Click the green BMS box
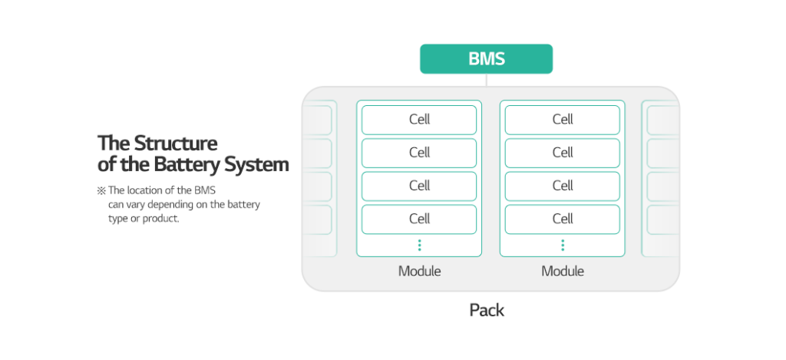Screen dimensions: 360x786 486,59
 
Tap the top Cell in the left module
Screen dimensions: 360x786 419,120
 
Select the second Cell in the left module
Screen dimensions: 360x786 419,153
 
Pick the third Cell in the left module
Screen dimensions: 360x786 419,186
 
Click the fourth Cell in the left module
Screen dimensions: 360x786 419,219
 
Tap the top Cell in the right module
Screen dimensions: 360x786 563,120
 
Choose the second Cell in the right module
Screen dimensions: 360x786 563,153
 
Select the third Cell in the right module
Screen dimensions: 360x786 563,186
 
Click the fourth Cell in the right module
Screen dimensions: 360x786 563,219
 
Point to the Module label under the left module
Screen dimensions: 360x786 419,271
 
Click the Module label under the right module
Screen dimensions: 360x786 563,271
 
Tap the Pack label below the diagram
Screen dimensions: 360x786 487,310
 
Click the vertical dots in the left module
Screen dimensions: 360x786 419,245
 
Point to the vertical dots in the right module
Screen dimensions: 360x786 563,245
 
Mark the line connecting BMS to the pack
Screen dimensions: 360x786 486,80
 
